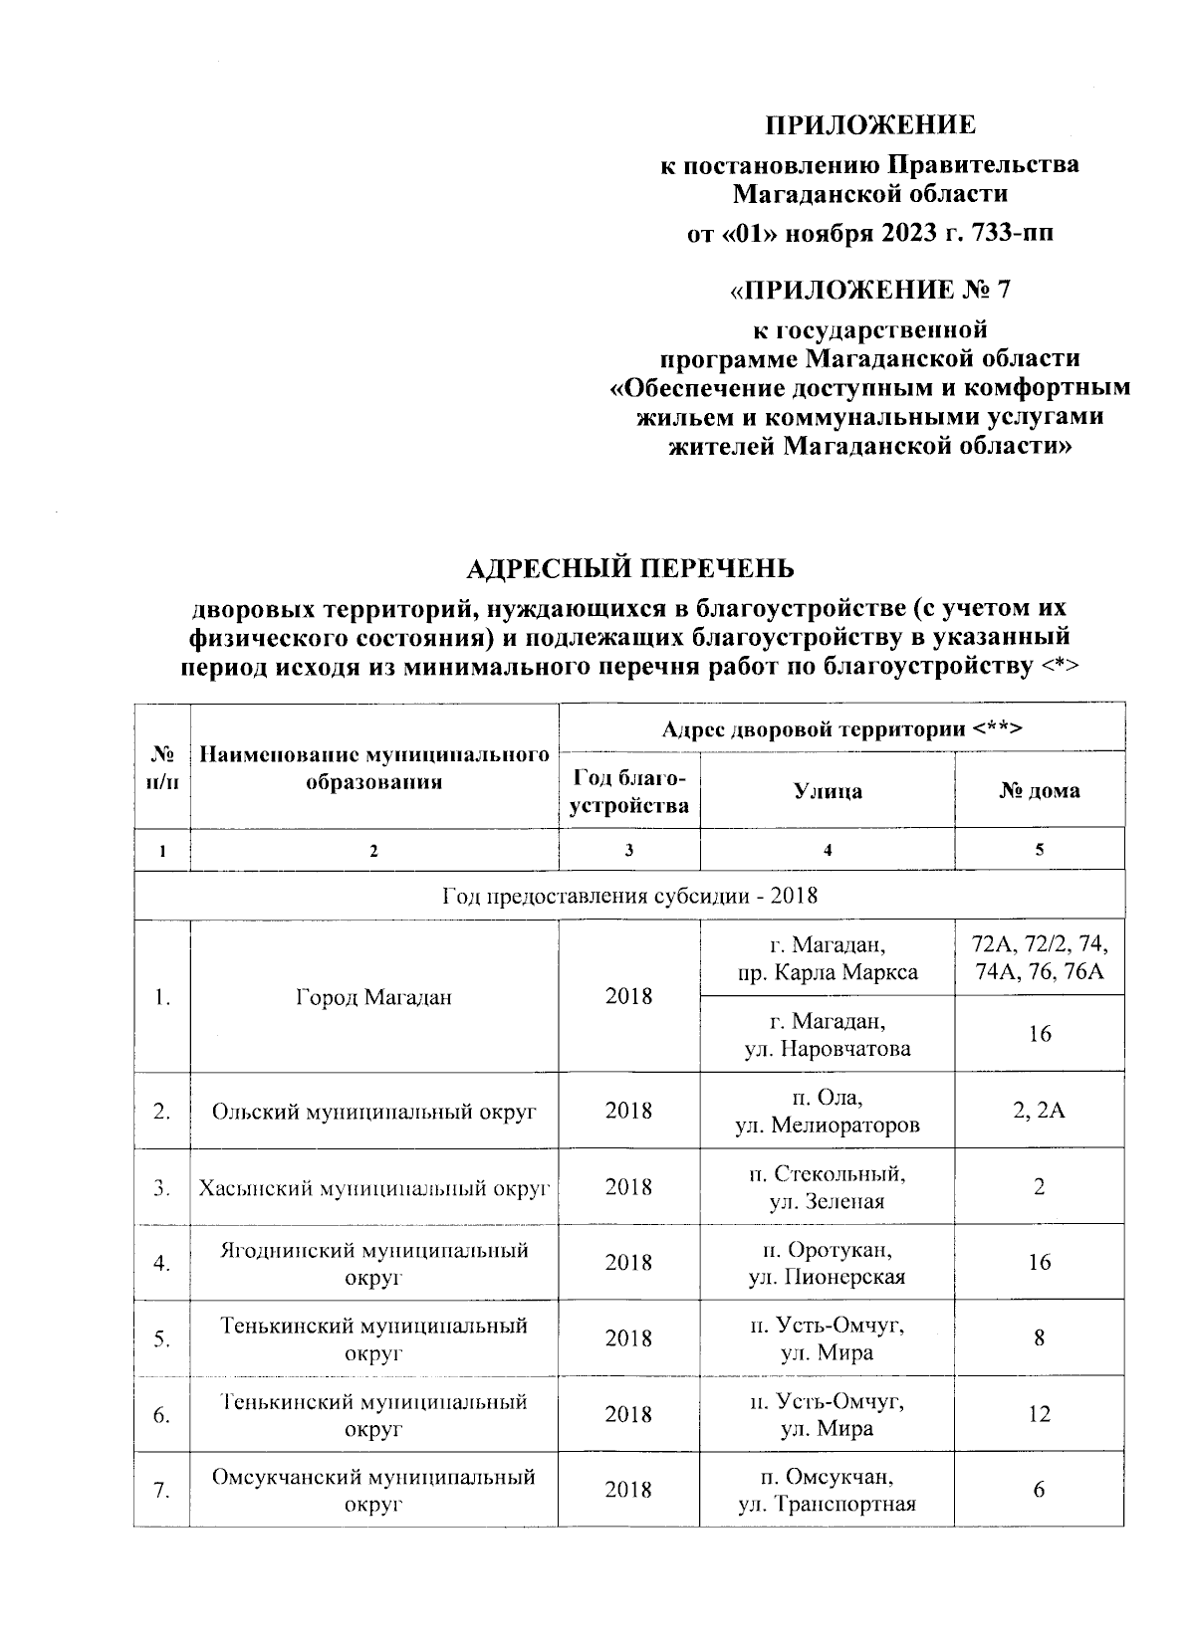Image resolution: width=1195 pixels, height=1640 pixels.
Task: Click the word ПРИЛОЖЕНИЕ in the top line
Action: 870,125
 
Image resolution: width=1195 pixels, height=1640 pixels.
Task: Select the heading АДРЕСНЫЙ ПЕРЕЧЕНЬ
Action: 630,568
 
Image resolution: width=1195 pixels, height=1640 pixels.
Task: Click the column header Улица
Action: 828,791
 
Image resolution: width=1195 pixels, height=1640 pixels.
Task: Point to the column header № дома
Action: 1040,791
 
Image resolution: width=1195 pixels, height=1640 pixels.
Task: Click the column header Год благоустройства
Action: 628,791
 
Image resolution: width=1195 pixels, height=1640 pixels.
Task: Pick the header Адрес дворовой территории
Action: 841,729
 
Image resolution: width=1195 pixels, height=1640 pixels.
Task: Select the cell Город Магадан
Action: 373,997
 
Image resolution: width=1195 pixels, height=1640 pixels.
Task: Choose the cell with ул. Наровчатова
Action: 828,1035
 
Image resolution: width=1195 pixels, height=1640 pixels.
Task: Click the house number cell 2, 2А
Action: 1040,1111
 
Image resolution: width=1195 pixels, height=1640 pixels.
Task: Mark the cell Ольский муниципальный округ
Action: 373,1111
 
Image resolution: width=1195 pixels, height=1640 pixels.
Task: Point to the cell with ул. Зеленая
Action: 828,1187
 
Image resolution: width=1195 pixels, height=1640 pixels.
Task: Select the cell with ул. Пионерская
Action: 828,1263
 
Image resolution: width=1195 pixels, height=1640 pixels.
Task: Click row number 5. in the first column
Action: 162,1339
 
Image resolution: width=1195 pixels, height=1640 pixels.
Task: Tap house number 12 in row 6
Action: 1040,1414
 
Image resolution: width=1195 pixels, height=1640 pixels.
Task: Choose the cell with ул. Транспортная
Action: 828,1491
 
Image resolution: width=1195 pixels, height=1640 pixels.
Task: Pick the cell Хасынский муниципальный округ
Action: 373,1187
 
